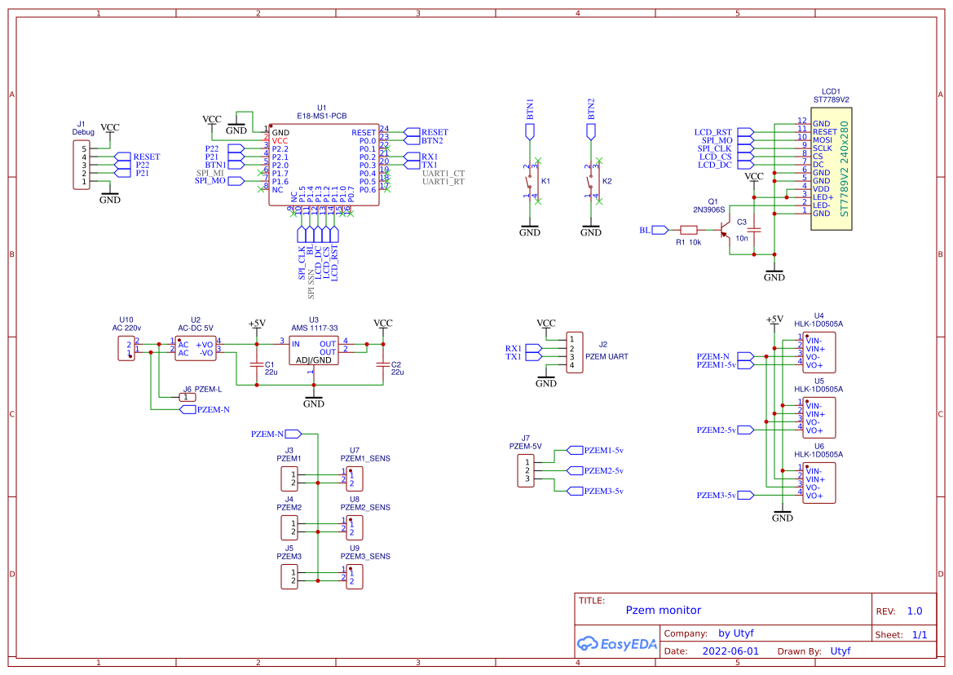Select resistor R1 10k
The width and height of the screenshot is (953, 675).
click(689, 231)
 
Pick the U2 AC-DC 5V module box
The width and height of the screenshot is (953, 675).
click(196, 348)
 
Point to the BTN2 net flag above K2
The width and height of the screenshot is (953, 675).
click(591, 130)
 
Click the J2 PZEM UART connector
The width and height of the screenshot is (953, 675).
click(576, 352)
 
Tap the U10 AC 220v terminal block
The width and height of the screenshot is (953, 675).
click(126, 348)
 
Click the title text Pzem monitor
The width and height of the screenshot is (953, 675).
click(663, 610)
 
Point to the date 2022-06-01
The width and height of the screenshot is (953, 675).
click(730, 651)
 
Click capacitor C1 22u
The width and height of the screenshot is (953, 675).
click(258, 365)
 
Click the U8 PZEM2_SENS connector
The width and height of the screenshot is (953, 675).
click(353, 527)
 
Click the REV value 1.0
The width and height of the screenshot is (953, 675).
click(914, 611)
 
